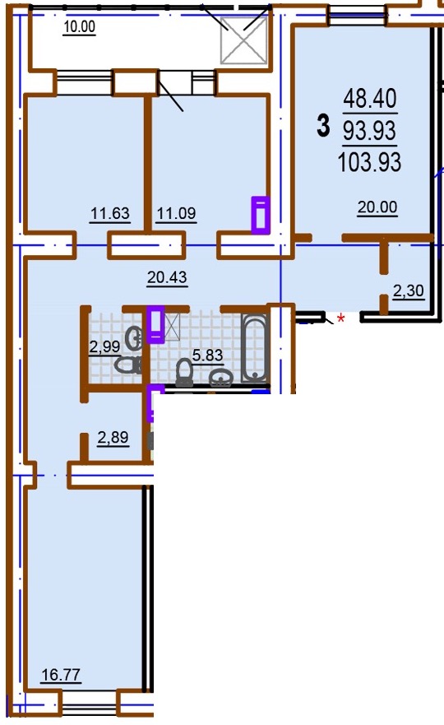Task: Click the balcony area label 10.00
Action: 80,26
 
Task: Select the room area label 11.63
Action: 110,214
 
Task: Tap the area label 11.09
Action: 176,214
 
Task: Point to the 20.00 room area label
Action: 377,207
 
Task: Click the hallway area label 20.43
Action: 167,277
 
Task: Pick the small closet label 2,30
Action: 409,290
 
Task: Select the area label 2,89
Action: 113,438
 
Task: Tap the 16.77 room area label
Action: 61,675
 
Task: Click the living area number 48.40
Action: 370,99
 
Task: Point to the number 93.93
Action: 370,130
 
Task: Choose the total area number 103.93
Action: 370,162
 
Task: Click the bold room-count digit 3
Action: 323,126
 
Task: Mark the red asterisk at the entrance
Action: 341,318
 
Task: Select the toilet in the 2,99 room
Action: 128,365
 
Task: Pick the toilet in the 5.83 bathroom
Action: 185,373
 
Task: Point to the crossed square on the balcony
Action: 244,40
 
